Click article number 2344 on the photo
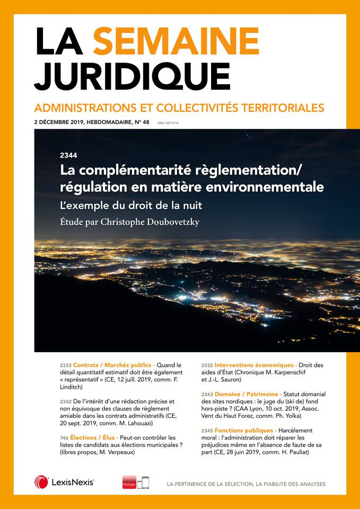click(x=69, y=155)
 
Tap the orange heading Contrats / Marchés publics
click(x=113, y=366)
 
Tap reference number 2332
click(x=207, y=366)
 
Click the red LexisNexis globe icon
click(x=41, y=482)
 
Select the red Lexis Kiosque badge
click(x=129, y=481)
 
